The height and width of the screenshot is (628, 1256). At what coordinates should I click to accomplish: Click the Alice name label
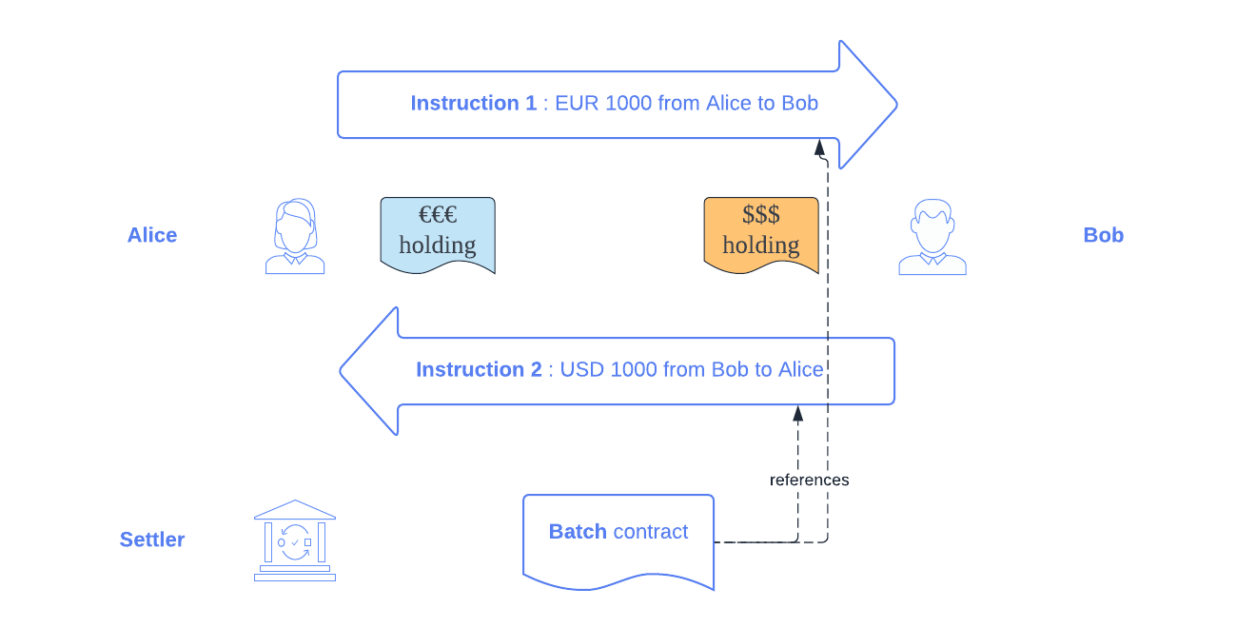[x=152, y=235]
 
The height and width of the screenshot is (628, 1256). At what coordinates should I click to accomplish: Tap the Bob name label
[x=1103, y=235]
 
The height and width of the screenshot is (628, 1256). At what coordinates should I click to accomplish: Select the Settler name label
[x=152, y=540]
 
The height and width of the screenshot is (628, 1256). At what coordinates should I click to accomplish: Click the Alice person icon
[x=295, y=237]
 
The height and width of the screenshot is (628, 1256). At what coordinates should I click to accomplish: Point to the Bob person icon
[x=932, y=238]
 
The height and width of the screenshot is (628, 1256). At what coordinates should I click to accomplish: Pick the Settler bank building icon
[x=295, y=540]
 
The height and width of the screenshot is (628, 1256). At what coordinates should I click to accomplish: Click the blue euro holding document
[x=438, y=234]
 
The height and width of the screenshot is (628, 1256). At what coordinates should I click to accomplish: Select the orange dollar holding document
[x=761, y=234]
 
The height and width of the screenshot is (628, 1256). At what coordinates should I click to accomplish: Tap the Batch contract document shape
[x=618, y=540]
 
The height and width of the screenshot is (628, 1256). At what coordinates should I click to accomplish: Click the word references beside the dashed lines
[x=810, y=480]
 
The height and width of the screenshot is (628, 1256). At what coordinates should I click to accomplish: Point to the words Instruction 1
[x=474, y=103]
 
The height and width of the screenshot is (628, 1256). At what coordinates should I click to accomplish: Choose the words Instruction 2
[x=479, y=369]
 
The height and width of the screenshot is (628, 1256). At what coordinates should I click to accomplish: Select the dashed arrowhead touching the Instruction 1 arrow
[x=819, y=147]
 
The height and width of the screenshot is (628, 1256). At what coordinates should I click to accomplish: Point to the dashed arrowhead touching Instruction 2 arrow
[x=798, y=414]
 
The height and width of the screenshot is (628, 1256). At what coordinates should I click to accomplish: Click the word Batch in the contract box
[x=578, y=532]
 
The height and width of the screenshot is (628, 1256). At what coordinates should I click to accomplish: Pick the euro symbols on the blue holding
[x=438, y=215]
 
